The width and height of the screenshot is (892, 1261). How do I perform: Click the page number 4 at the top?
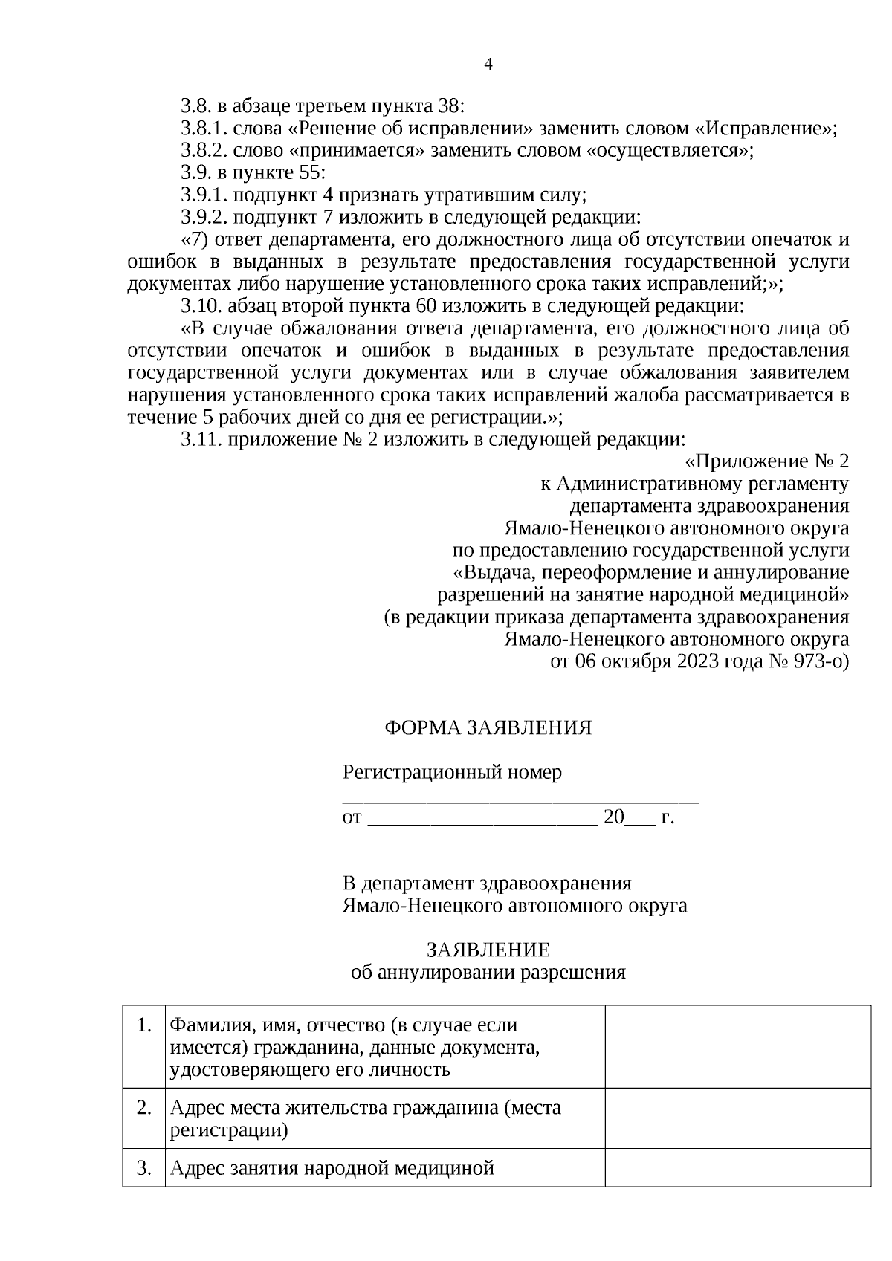(488, 64)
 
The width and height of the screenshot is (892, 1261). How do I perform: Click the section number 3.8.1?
(204, 129)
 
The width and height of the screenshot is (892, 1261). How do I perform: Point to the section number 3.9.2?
(204, 218)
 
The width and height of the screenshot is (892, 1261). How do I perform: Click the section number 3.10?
(201, 306)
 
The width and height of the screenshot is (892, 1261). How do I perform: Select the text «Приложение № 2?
(766, 461)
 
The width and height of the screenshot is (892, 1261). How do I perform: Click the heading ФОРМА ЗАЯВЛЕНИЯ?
(488, 728)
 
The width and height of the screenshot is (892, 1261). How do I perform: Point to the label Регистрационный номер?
(452, 773)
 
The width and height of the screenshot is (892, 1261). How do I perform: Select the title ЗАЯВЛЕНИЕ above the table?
(488, 950)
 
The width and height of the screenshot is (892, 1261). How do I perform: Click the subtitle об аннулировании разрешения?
(488, 973)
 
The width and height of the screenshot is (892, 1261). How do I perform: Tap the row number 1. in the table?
(144, 1026)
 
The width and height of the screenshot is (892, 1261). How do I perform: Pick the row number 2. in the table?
(144, 1108)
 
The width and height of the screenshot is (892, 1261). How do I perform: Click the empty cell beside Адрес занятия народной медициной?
(737, 1168)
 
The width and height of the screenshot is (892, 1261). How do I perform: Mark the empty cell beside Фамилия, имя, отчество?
(737, 1047)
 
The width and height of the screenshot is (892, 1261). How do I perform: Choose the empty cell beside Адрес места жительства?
(737, 1118)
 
